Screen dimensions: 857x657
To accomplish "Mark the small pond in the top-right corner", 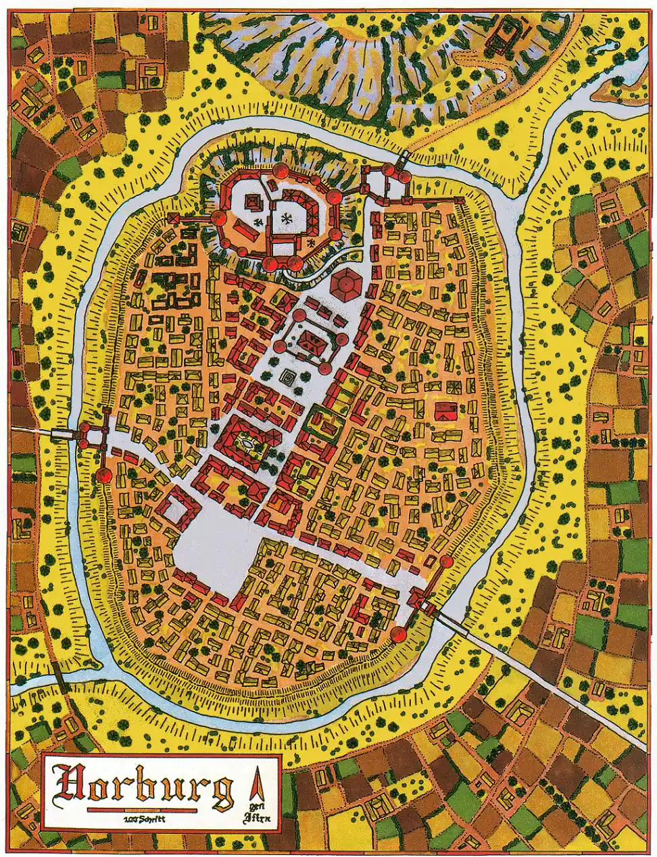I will (607, 47).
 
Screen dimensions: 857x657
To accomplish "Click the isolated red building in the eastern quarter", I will (445, 410).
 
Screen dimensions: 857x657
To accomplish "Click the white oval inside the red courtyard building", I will (247, 444).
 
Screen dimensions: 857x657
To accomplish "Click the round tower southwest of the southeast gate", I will (398, 633).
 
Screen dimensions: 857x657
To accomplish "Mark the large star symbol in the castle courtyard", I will (287, 218).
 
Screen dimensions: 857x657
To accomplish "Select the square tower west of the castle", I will (174, 218).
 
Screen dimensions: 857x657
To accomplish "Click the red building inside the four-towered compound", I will (311, 343).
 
